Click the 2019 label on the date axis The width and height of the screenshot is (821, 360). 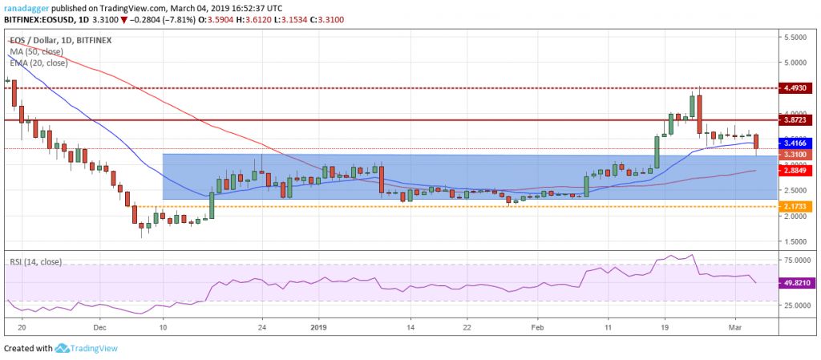click(319, 327)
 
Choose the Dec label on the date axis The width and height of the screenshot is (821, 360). click(100, 327)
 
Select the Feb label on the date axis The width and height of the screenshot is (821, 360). click(538, 327)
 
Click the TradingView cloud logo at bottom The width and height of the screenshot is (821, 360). click(63, 349)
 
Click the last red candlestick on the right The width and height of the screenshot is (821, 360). click(756, 141)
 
